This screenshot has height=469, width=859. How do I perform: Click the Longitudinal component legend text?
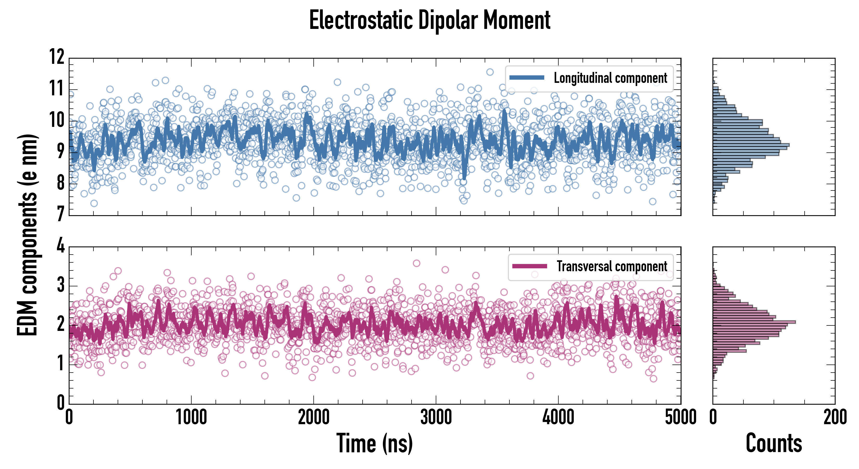tap(610, 78)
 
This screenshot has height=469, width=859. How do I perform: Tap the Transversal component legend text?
tap(612, 266)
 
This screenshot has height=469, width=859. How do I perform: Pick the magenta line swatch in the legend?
tap(529, 266)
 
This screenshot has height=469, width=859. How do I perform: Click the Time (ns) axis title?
tap(375, 443)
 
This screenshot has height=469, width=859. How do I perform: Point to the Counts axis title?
tap(774, 443)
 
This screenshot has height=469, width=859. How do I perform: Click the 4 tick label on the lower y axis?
tap(60, 246)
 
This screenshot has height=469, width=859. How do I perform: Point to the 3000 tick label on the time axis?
tap(436, 417)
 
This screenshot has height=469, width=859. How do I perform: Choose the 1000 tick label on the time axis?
tap(191, 417)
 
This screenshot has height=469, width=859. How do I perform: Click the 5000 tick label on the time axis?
tap(680, 417)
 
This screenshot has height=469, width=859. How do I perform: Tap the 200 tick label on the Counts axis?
tap(835, 417)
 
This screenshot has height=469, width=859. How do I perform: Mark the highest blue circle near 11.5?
tap(490, 72)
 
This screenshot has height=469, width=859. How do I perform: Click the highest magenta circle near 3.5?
tap(416, 263)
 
